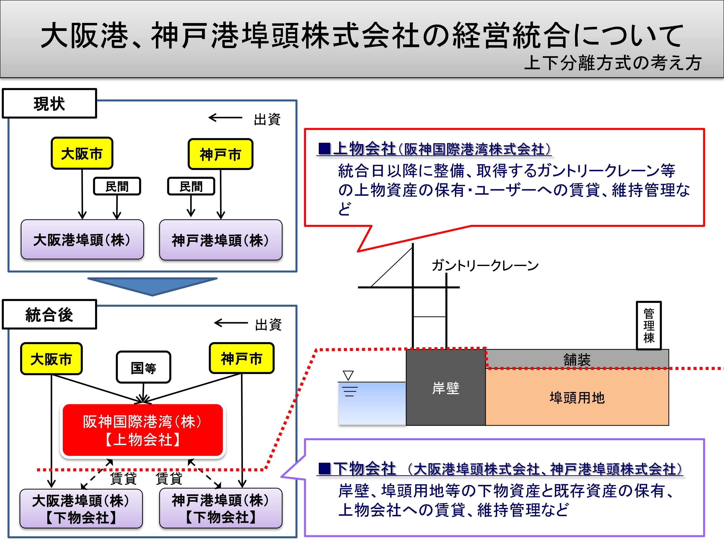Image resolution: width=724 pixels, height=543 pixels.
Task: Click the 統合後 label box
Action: click(49, 314)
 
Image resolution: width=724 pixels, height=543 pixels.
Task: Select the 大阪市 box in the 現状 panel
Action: click(82, 153)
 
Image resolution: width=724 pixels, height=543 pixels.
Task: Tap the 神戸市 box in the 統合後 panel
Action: click(242, 358)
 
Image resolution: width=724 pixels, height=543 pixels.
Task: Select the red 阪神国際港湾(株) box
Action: click(143, 430)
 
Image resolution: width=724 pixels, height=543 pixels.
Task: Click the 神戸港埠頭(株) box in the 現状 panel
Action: click(221, 240)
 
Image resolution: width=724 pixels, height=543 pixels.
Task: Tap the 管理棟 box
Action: click(649, 325)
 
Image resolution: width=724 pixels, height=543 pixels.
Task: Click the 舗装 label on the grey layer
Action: click(577, 359)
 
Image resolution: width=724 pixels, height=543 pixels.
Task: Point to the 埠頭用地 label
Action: click(577, 398)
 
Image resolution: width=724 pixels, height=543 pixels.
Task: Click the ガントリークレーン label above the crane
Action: click(485, 265)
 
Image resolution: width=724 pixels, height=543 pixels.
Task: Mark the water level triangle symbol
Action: click(348, 375)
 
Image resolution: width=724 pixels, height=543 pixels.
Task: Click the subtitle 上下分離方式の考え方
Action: click(613, 63)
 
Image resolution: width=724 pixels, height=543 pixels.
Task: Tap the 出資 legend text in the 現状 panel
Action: click(267, 119)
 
